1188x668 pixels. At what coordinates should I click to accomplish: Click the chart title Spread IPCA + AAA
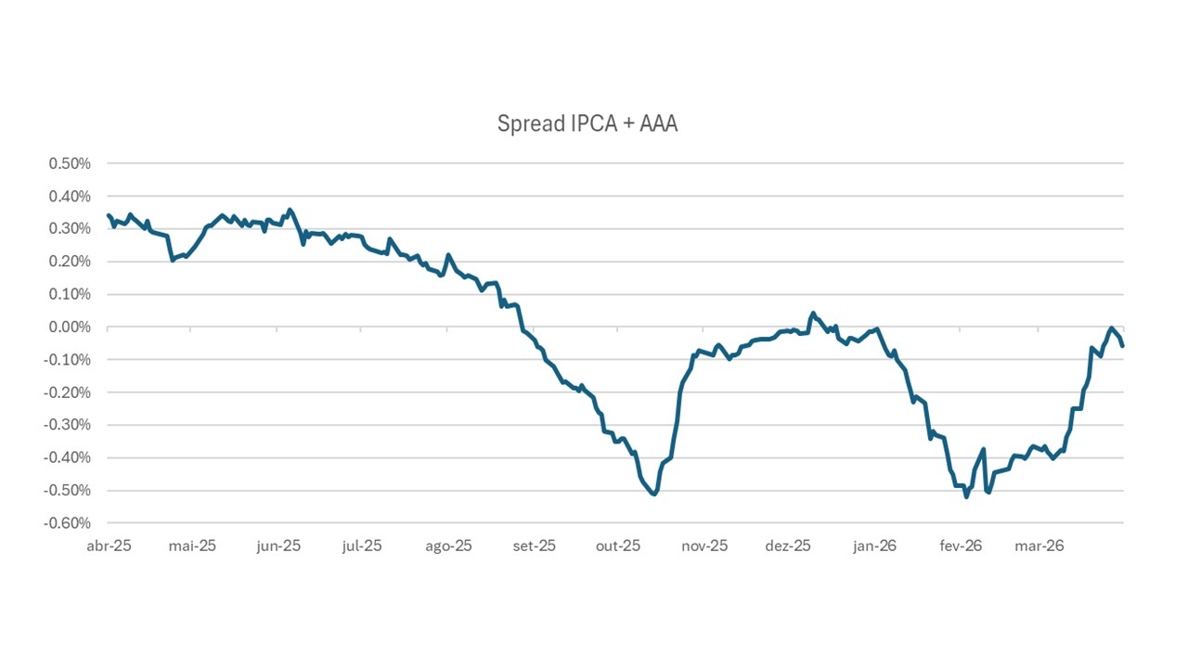(588, 123)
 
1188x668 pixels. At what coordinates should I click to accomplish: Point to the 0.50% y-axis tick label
(70, 164)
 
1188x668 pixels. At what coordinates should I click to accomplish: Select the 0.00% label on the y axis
(70, 328)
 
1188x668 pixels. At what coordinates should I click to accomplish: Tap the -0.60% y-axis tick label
(68, 523)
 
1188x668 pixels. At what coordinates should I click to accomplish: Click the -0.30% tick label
(68, 425)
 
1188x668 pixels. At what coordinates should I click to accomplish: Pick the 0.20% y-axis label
(70, 262)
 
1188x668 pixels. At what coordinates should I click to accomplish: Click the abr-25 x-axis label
(110, 546)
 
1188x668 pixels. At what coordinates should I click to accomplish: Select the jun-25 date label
(278, 546)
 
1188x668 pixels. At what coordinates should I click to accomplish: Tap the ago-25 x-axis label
(449, 546)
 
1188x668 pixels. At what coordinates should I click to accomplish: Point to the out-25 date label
(618, 546)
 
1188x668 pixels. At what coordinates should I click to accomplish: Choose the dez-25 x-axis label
(788, 546)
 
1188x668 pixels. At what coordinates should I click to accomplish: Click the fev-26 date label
(960, 546)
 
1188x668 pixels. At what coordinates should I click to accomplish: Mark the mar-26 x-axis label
(1039, 546)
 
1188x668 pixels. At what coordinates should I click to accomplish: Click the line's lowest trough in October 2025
(654, 494)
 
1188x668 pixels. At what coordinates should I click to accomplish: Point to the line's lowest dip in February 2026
(966, 496)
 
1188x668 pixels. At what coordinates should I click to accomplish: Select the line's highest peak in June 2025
(291, 210)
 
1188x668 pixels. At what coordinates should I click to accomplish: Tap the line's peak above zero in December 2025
(813, 314)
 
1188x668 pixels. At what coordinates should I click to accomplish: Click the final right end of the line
(1123, 346)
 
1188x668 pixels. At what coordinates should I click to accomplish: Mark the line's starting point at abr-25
(109, 215)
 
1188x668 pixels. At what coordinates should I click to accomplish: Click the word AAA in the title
(657, 123)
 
